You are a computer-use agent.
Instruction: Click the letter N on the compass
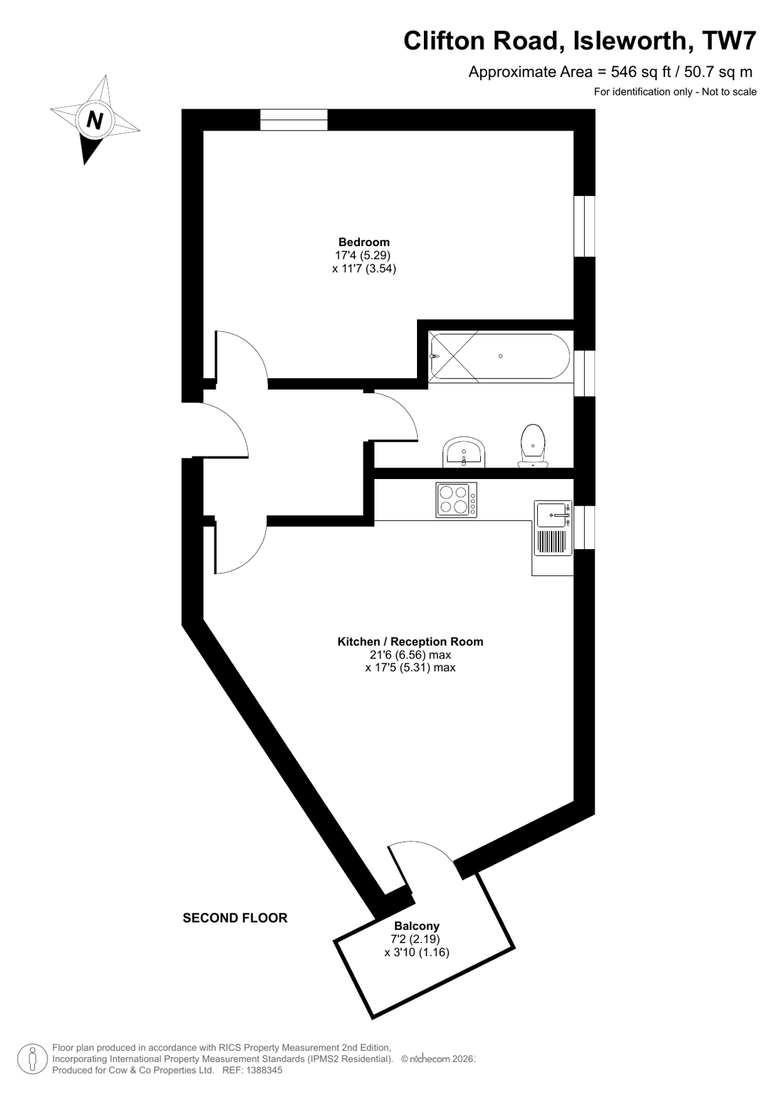click(94, 120)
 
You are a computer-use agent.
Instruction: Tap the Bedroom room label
click(363, 242)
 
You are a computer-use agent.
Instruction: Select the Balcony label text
click(416, 926)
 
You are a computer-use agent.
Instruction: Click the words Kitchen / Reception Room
click(410, 641)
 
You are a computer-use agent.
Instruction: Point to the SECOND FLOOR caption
click(235, 918)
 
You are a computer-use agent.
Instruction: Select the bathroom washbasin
click(465, 452)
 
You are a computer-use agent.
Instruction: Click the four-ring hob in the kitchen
click(456, 500)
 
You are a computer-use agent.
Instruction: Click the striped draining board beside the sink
click(553, 542)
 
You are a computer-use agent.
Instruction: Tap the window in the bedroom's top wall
click(294, 120)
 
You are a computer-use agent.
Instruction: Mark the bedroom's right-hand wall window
click(584, 226)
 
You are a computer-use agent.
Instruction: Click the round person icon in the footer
click(32, 1058)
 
